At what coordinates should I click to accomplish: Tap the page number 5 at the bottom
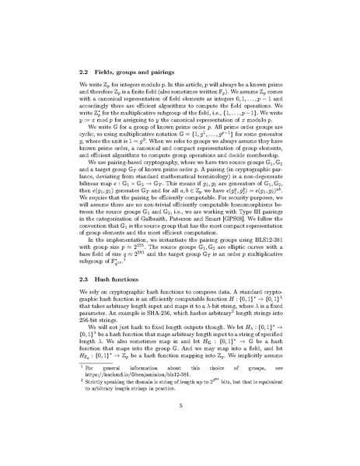[180, 427]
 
